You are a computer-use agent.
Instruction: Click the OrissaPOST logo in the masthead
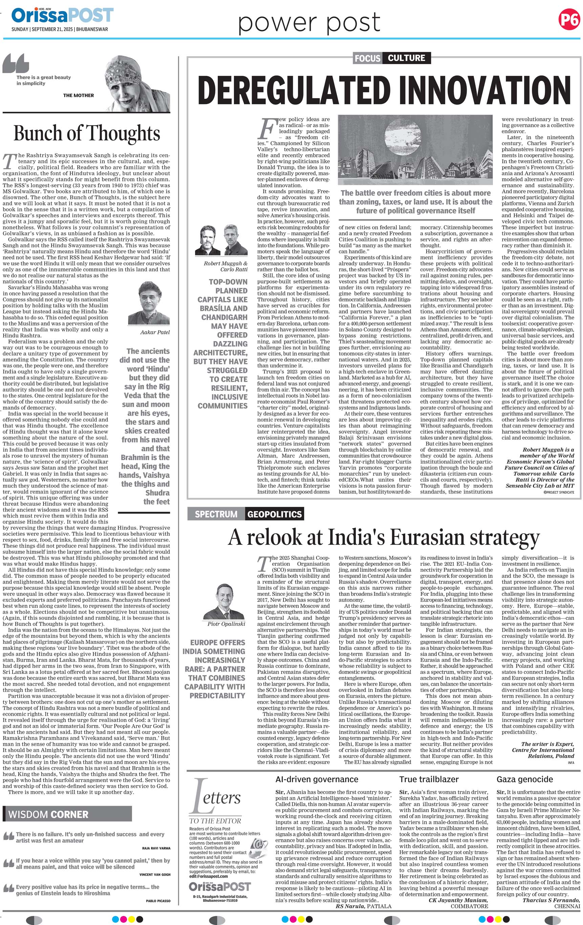click(62, 15)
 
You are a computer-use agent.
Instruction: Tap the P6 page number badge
click(568, 19)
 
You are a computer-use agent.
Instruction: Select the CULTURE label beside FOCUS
click(406, 58)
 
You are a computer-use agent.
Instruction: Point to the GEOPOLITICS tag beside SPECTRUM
click(274, 514)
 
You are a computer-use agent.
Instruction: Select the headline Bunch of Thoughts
click(87, 134)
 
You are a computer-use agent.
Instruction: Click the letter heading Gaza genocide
click(524, 780)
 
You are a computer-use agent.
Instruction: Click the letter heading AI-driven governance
click(317, 780)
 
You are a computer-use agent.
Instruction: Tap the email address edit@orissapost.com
click(208, 876)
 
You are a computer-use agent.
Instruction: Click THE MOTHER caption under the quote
click(79, 95)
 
